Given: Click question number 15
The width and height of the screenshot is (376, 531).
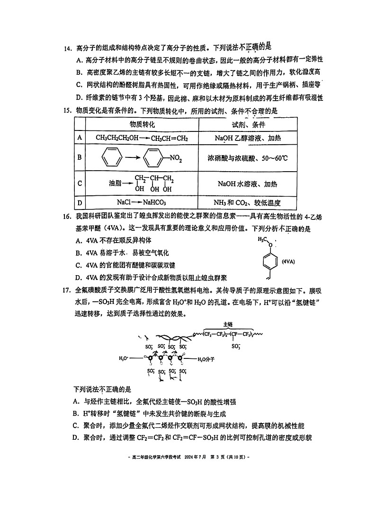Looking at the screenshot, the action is click(x=68, y=111).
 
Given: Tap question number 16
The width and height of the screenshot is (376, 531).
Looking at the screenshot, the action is click(x=68, y=217).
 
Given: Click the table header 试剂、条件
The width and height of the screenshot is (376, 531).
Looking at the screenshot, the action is click(x=248, y=124).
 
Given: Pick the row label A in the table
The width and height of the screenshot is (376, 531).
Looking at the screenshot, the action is click(x=80, y=138).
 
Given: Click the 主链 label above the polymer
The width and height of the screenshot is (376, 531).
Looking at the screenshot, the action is click(x=228, y=325).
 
